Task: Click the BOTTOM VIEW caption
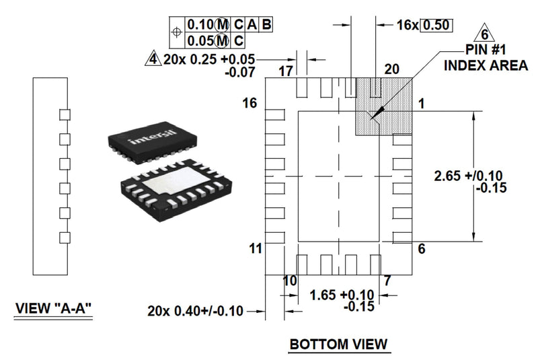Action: [x=338, y=345]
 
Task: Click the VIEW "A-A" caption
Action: [x=54, y=309]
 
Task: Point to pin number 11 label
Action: [x=254, y=248]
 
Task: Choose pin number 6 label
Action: [x=422, y=249]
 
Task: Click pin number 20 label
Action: [x=391, y=69]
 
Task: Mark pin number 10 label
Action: [x=289, y=281]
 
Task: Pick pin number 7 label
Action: [x=387, y=281]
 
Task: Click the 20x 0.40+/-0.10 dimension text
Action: [x=195, y=311]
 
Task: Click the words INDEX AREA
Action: [x=485, y=66]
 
